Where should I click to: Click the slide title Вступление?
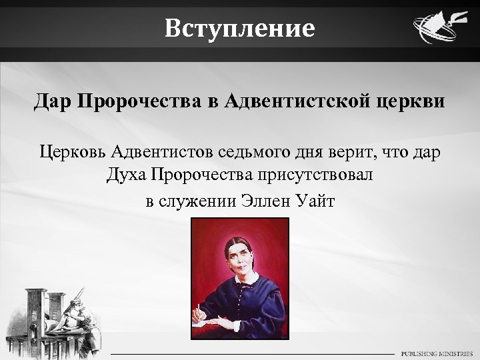tap(240, 29)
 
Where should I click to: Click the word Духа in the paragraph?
tap(126, 176)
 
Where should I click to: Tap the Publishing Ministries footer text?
tap(437, 353)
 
